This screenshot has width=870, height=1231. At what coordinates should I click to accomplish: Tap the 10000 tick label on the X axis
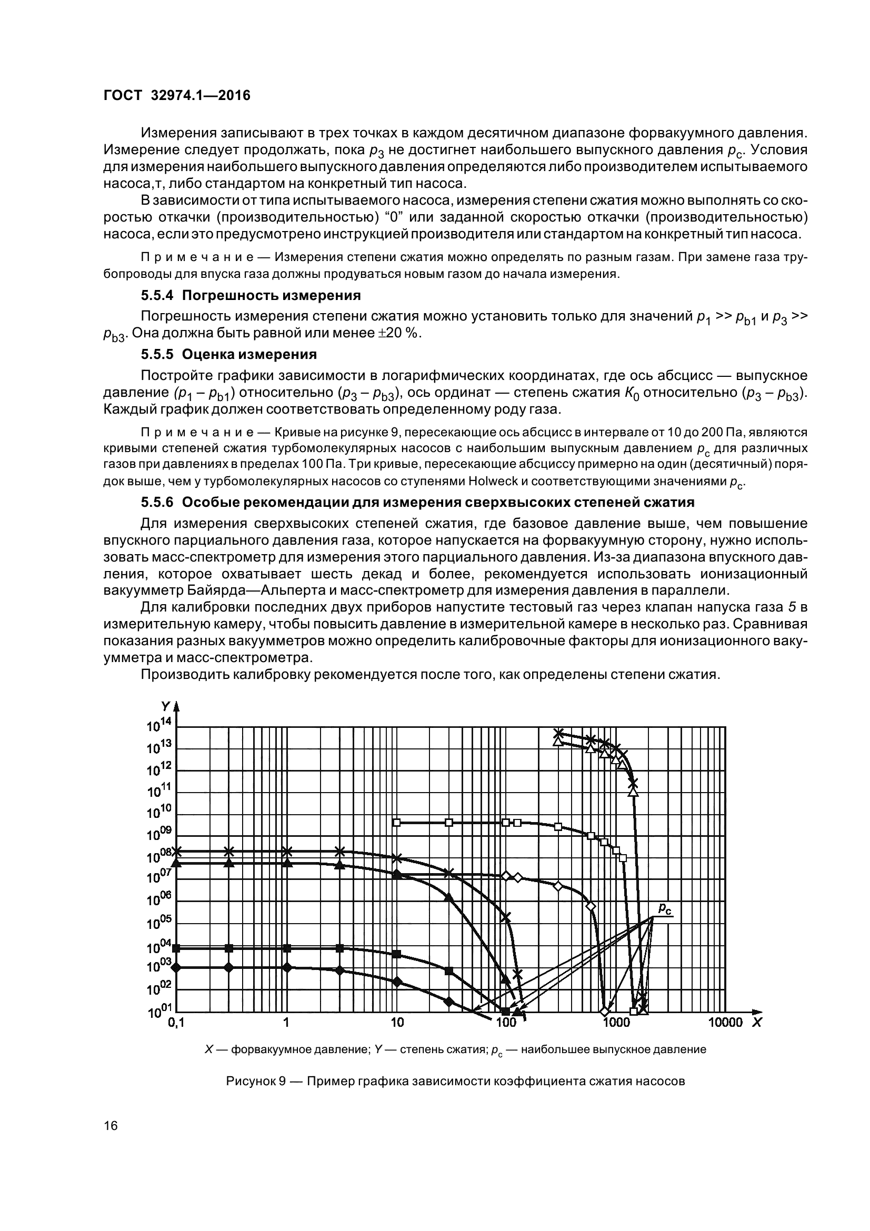click(725, 1023)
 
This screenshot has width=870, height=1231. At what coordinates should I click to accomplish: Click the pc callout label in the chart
click(664, 908)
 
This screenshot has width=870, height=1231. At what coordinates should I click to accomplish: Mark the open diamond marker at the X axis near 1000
click(605, 1011)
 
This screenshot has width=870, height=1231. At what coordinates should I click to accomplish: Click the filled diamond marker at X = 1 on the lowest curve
click(287, 967)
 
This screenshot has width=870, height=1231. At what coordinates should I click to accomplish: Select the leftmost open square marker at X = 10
click(397, 822)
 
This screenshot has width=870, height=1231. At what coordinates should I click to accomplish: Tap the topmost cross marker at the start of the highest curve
click(558, 733)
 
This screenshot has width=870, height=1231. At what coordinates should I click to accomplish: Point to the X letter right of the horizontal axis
click(756, 1023)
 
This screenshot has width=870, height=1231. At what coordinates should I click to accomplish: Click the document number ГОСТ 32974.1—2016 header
click(176, 95)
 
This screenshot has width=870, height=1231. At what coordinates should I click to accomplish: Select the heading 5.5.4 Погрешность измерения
click(251, 295)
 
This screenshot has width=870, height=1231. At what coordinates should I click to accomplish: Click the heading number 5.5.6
click(158, 503)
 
